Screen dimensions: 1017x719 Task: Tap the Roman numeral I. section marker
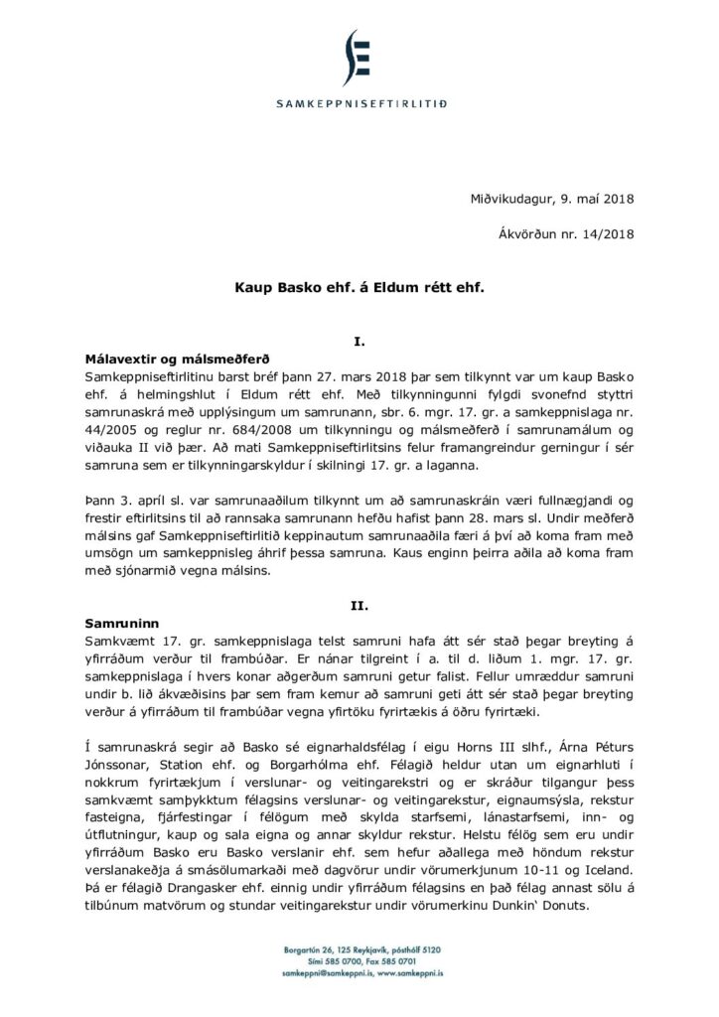coord(359,342)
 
